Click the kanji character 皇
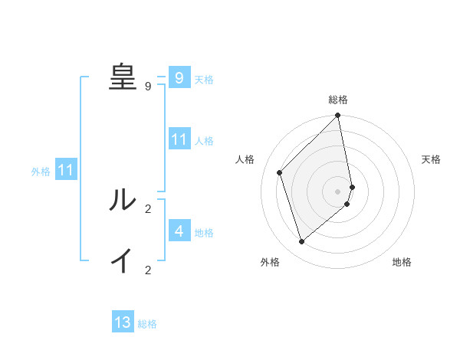click(122, 76)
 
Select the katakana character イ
click(122, 260)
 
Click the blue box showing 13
click(123, 322)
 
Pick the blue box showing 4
click(179, 231)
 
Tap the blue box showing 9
click(179, 77)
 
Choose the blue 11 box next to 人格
click(179, 139)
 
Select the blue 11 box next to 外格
click(66, 170)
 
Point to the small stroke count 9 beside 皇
click(148, 87)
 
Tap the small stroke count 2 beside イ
click(148, 270)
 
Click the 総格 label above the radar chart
click(338, 100)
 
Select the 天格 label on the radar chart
click(431, 159)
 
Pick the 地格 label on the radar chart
click(402, 262)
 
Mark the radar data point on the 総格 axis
click(338, 116)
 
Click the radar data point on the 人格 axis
click(280, 172)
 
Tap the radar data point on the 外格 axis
click(302, 241)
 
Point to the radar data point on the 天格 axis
click(352, 187)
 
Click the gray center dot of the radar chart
click(338, 191)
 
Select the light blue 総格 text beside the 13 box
click(147, 324)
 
